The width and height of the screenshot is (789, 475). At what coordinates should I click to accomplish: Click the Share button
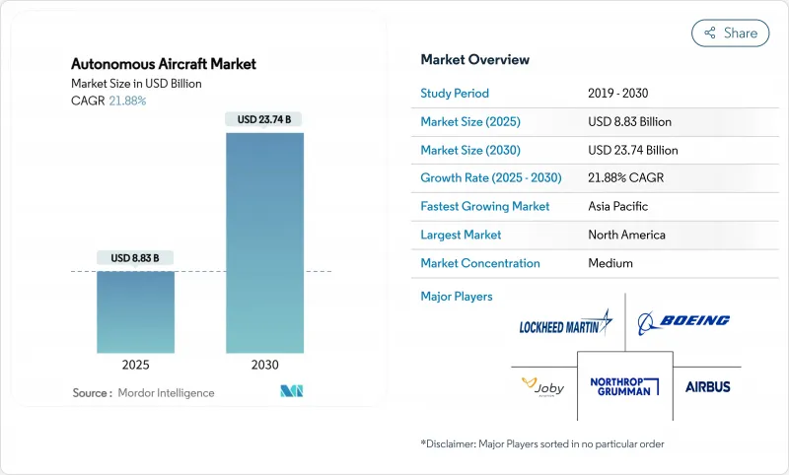click(x=731, y=33)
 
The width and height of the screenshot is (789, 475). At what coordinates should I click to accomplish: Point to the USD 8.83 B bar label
click(x=136, y=258)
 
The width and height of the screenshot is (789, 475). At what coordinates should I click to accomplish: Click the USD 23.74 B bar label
click(x=264, y=119)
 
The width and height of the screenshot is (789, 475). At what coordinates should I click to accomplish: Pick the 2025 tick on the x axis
click(x=136, y=364)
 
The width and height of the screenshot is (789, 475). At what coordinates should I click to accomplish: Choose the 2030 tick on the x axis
click(x=264, y=364)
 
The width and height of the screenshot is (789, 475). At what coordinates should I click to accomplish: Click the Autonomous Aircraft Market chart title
click(x=164, y=64)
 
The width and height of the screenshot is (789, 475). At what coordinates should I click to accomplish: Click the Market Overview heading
click(x=475, y=59)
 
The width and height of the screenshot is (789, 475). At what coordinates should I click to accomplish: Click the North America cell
click(x=626, y=235)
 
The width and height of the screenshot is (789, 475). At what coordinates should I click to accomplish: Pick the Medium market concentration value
click(x=610, y=263)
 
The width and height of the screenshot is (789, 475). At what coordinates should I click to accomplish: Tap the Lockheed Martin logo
click(x=565, y=324)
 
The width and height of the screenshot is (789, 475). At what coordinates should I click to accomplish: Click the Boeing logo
click(x=683, y=320)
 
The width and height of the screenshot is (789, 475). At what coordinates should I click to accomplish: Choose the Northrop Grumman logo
click(x=624, y=386)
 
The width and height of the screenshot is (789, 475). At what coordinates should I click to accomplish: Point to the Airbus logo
click(x=708, y=386)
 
